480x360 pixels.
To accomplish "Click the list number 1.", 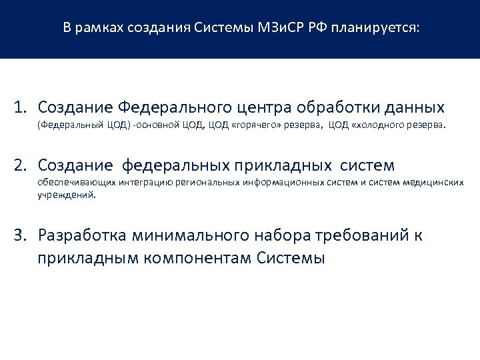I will pos(23,107).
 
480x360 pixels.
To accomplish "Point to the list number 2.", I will pos(23,164).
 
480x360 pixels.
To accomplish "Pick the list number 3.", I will pos(23,235).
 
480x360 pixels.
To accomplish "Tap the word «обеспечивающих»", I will pos(70,181).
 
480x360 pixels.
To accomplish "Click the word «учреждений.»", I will pos(67,196).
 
